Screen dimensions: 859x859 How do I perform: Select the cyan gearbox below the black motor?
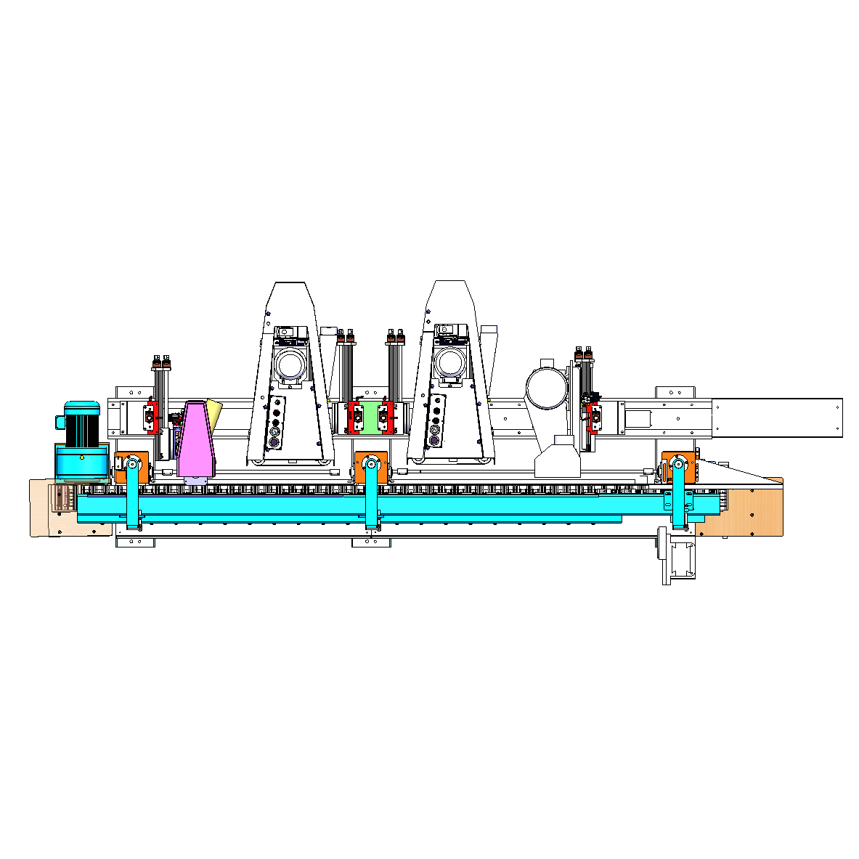[x=81, y=462]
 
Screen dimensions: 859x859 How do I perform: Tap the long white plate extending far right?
[x=777, y=418]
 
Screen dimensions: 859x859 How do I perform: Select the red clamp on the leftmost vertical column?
[x=151, y=417]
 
